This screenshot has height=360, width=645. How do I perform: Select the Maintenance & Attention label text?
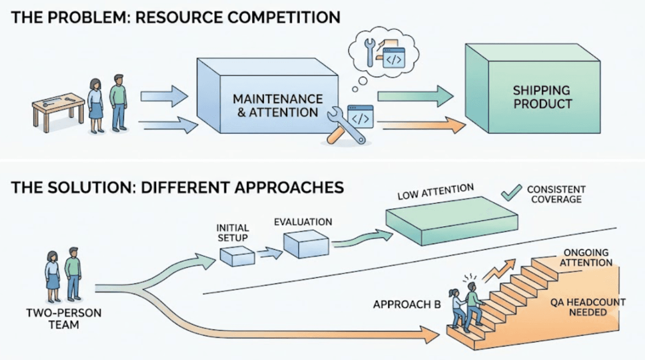278,105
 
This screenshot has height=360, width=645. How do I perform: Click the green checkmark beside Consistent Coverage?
511,193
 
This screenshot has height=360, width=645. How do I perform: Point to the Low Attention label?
436,192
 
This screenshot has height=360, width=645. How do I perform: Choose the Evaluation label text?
303,222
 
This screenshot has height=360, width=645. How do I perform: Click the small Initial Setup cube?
237,256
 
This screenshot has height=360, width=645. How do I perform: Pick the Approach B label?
407,305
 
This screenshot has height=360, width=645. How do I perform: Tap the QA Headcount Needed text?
588,307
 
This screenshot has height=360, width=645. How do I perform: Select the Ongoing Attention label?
586,258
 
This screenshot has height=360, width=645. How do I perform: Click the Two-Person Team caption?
64,319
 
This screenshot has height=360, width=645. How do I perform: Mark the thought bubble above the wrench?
384,52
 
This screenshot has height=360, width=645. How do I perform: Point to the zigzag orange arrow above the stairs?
499,270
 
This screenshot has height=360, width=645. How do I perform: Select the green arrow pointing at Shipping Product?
415,96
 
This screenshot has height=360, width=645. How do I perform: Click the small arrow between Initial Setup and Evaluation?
270,253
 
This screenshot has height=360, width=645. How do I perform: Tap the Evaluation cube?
306,244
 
